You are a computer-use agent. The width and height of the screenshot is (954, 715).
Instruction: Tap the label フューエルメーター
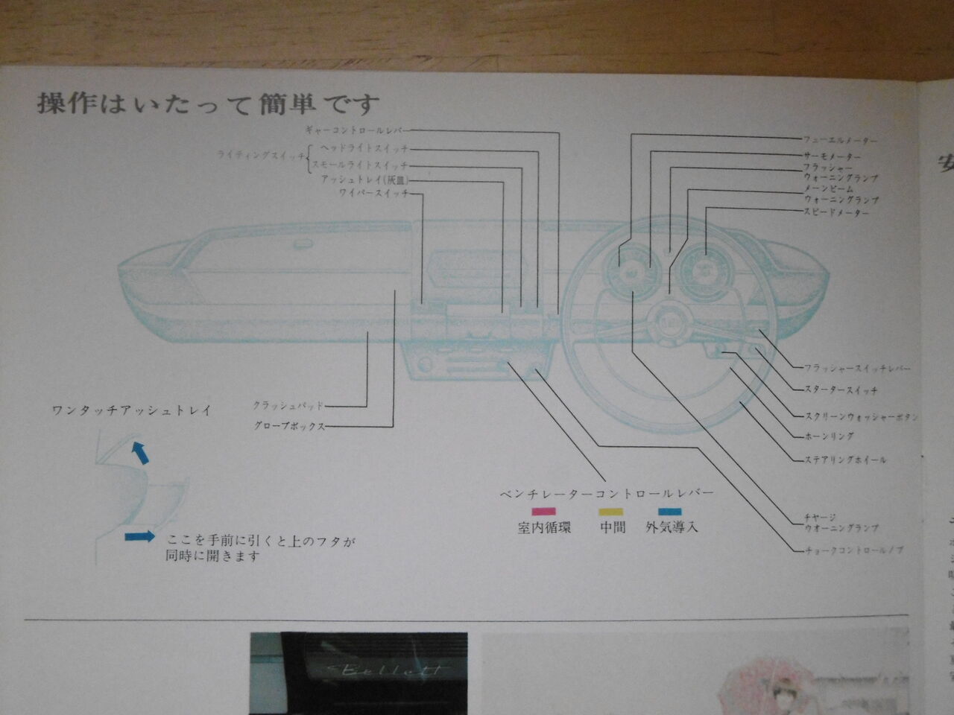click(x=840, y=140)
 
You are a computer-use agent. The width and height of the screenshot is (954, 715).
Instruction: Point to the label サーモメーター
click(x=832, y=157)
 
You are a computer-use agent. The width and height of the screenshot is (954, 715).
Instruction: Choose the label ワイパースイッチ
click(x=373, y=194)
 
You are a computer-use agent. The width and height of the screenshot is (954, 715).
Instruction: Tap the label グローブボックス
click(x=290, y=427)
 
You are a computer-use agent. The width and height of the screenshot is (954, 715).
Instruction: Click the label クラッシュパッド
click(x=288, y=406)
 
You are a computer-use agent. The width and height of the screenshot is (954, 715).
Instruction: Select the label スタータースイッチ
click(x=841, y=390)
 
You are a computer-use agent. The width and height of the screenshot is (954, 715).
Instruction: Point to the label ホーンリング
click(x=829, y=436)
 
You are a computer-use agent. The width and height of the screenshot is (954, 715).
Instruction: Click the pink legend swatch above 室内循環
click(x=543, y=512)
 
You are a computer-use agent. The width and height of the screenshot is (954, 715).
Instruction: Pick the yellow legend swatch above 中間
click(x=611, y=512)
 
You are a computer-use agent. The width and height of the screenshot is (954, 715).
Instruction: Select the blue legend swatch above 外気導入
click(x=669, y=512)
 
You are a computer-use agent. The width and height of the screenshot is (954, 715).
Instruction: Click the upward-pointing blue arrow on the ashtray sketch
click(x=139, y=452)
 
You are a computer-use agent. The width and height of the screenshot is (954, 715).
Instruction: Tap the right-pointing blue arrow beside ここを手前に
click(x=139, y=536)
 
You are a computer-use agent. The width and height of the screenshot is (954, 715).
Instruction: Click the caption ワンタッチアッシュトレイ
click(x=132, y=410)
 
